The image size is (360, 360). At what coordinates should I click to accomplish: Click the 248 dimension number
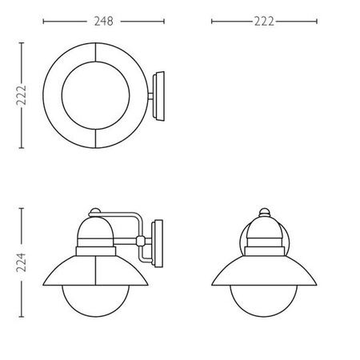(101, 22)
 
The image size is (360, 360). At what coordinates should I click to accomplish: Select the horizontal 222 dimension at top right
(264, 22)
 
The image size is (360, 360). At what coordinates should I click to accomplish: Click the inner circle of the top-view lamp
(95, 94)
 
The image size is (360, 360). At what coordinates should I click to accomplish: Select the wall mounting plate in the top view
(158, 94)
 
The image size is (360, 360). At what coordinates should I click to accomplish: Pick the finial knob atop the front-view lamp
(264, 212)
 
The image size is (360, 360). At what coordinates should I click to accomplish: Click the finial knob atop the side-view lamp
(95, 211)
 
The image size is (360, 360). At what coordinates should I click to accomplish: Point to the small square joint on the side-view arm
(140, 240)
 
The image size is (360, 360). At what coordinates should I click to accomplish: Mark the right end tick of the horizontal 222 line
(318, 22)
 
